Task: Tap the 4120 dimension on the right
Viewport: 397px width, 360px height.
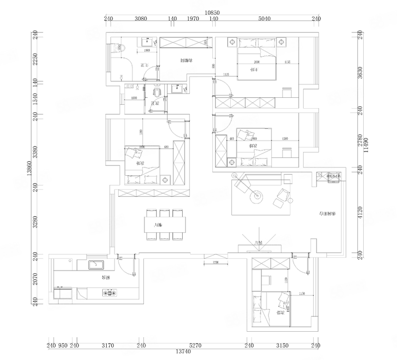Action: pos(360,214)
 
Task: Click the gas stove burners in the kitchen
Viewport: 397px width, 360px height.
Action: pos(111,293)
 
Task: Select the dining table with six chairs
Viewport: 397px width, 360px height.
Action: pos(165,225)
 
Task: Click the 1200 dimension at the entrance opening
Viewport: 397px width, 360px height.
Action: pos(216,262)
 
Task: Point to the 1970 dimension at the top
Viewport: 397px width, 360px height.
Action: pos(193,19)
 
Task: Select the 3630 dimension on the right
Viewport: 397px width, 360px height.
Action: pos(360,73)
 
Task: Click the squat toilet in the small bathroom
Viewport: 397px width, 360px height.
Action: pos(158,92)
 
